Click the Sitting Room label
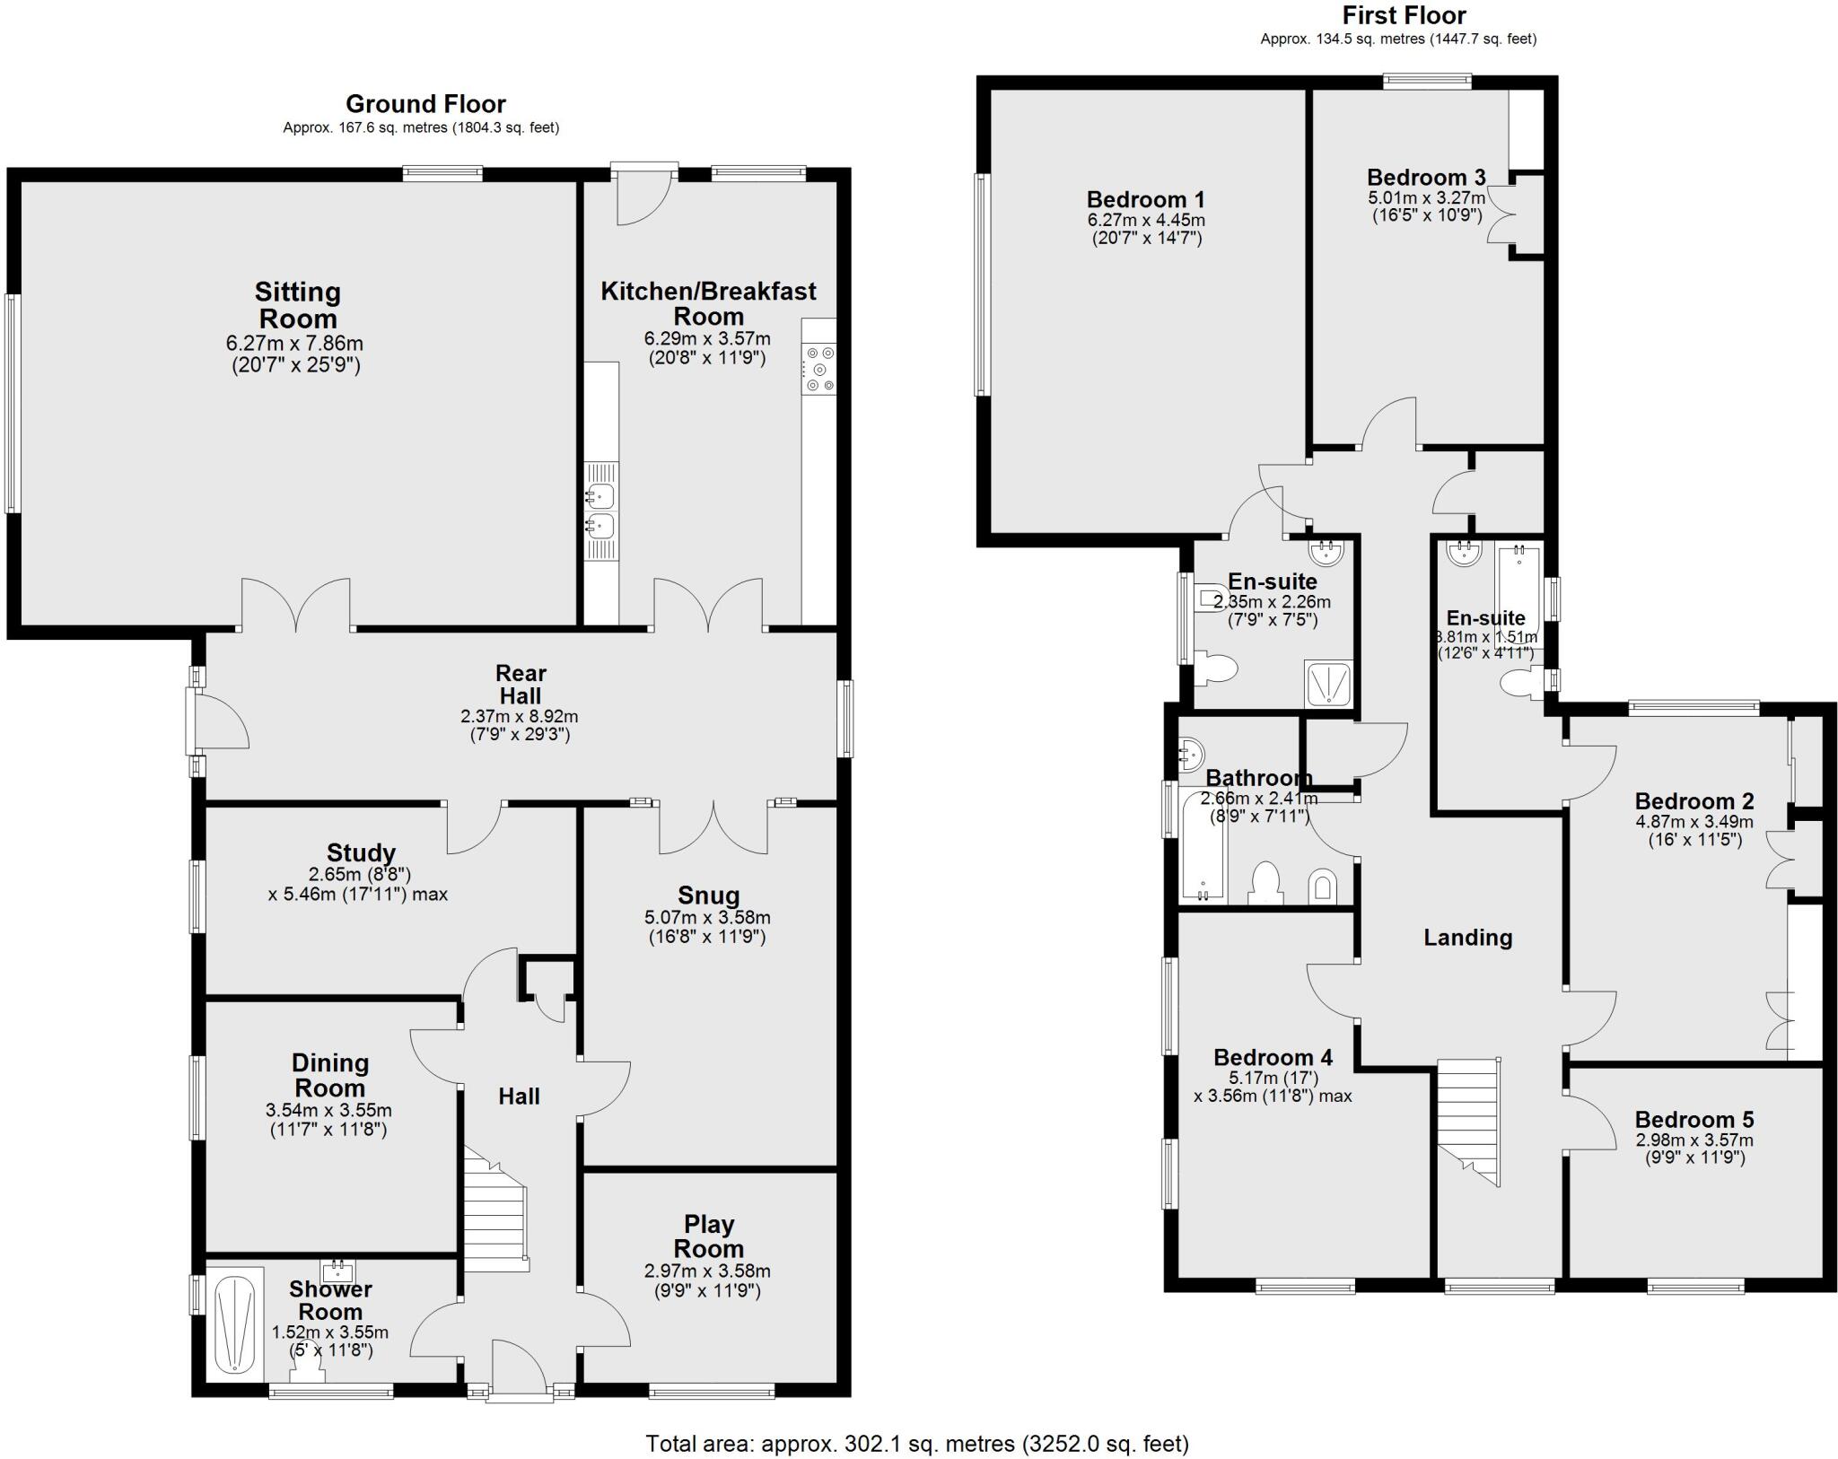pyautogui.click(x=297, y=305)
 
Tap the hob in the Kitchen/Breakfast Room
pyautogui.click(x=818, y=369)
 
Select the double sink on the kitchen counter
pyautogui.click(x=601, y=510)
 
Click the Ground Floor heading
pyautogui.click(x=425, y=104)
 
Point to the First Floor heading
pyautogui.click(x=1404, y=15)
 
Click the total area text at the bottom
pyautogui.click(x=916, y=1443)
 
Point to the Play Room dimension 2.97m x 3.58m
pyautogui.click(x=707, y=1271)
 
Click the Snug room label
pyautogui.click(x=708, y=895)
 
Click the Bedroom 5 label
pyautogui.click(x=1694, y=1120)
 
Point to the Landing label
pyautogui.click(x=1467, y=938)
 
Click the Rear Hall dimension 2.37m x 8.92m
pyautogui.click(x=519, y=716)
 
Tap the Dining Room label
pyautogui.click(x=329, y=1075)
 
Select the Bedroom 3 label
pyautogui.click(x=1425, y=177)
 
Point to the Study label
pyautogui.click(x=361, y=852)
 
